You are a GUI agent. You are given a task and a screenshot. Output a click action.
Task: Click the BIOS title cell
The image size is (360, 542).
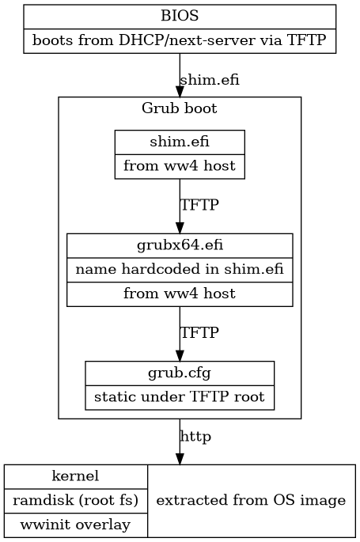point(180,16)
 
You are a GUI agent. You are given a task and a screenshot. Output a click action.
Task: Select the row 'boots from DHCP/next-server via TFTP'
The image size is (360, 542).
point(180,40)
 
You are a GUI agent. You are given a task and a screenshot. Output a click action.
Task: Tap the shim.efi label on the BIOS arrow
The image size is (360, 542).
point(210,80)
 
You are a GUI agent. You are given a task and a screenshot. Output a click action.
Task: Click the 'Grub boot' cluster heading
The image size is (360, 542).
point(180,108)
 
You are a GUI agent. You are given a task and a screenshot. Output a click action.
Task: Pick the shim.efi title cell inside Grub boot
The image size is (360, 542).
point(180,142)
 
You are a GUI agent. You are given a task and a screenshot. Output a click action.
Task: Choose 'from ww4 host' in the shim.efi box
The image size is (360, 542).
point(180,167)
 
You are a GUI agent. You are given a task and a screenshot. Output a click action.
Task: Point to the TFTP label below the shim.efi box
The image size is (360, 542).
point(199,204)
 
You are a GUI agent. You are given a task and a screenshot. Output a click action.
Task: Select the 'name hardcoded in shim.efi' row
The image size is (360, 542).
point(180,269)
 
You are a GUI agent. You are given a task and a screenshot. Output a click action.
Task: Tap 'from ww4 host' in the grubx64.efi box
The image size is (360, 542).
point(180,294)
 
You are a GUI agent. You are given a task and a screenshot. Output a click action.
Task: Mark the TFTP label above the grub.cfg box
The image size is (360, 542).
point(199,332)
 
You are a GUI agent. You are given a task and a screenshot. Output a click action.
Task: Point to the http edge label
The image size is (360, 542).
point(195,436)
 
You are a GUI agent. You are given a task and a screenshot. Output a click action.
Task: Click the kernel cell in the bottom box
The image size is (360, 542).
point(76,476)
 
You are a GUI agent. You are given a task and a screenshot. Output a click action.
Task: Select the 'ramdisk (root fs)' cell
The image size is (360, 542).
point(76,500)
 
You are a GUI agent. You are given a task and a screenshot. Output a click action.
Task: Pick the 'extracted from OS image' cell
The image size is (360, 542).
point(251,500)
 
